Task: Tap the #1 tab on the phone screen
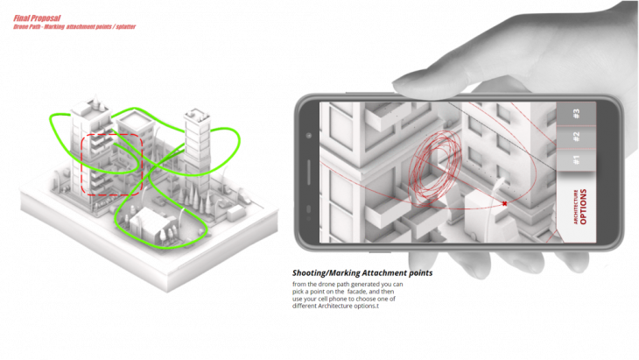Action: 576,160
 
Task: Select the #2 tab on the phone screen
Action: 576,136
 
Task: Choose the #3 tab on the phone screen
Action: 576,113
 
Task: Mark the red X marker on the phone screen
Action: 505,204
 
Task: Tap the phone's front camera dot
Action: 310,135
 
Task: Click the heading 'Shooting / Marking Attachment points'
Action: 362,273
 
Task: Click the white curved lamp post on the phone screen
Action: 498,187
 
